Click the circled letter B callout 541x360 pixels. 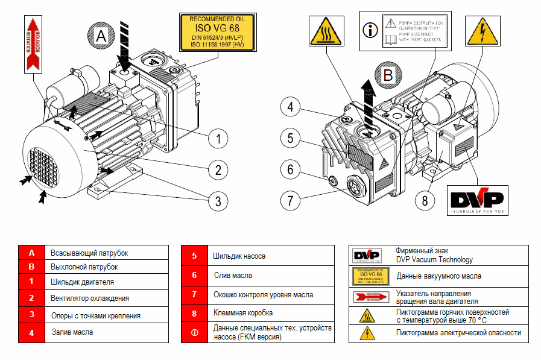[x=388, y=75]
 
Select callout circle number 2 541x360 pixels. [x=218, y=169]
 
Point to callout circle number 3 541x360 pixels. [x=218, y=200]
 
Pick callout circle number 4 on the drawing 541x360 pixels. [x=290, y=108]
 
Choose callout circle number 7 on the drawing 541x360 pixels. [x=290, y=199]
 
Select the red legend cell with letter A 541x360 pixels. [x=32, y=253]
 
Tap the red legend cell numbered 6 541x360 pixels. [x=194, y=276]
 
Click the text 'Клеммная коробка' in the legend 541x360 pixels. [x=243, y=314]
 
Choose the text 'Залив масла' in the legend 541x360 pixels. [x=72, y=332]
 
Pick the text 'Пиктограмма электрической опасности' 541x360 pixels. [x=458, y=333]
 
